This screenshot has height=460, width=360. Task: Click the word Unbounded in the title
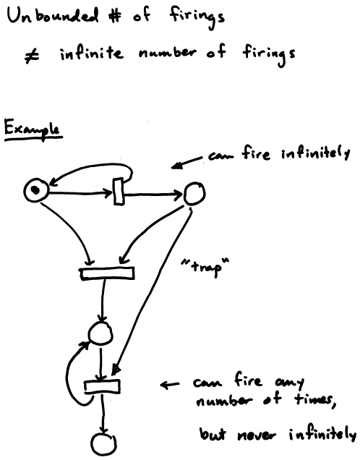53,16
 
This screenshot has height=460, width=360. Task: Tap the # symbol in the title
114,17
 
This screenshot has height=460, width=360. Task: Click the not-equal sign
32,56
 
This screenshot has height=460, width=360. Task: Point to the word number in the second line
167,53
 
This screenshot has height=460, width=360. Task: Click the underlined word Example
33,129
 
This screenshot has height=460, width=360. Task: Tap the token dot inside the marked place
35,190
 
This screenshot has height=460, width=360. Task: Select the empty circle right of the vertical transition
194,193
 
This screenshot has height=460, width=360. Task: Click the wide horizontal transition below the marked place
107,273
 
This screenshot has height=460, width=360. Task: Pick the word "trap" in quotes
205,266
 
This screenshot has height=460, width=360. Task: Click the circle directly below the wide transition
100,333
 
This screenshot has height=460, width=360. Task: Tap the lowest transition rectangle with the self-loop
102,387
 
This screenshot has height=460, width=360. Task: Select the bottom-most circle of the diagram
103,445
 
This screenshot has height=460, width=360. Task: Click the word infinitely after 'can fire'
316,155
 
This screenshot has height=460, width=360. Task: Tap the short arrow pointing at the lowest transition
171,384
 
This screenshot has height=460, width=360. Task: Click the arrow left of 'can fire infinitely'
187,163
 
